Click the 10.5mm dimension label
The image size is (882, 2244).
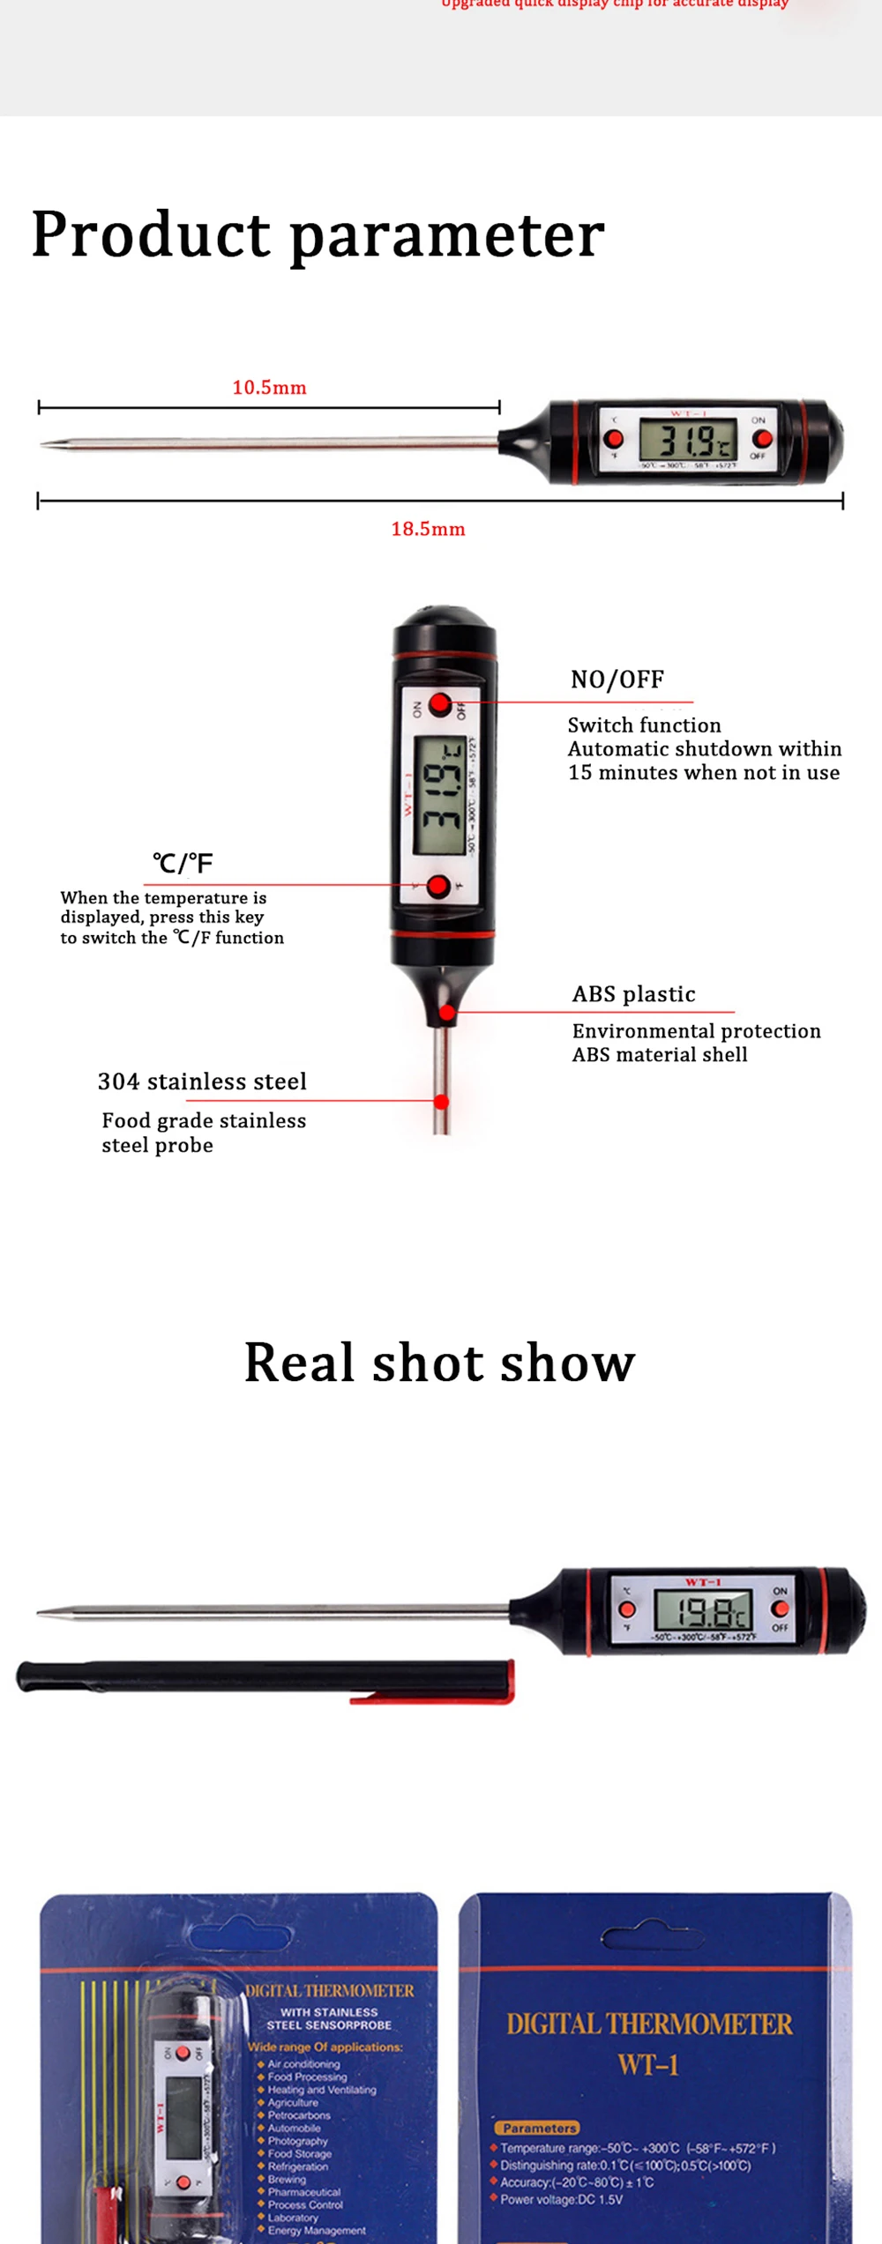pyautogui.click(x=269, y=388)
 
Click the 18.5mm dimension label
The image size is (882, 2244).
pyautogui.click(x=428, y=529)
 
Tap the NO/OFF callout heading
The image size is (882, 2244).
pyautogui.click(x=617, y=680)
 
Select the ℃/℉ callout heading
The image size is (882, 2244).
pyautogui.click(x=183, y=863)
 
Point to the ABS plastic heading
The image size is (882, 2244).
pyautogui.click(x=633, y=994)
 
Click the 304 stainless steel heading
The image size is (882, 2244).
pyautogui.click(x=202, y=1081)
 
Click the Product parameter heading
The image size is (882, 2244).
pyautogui.click(x=318, y=234)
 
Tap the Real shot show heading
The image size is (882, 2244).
pyautogui.click(x=439, y=1363)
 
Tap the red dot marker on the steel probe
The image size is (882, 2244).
pyautogui.click(x=441, y=1102)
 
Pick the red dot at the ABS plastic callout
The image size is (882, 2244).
pyautogui.click(x=447, y=1013)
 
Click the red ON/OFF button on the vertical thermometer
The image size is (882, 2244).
pyautogui.click(x=440, y=704)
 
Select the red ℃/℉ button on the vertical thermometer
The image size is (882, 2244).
pyautogui.click(x=437, y=886)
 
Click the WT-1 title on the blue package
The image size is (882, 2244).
pyautogui.click(x=648, y=2064)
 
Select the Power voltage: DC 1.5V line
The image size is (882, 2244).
pyautogui.click(x=561, y=2199)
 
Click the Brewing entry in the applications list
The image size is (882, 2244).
pyautogui.click(x=287, y=2179)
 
